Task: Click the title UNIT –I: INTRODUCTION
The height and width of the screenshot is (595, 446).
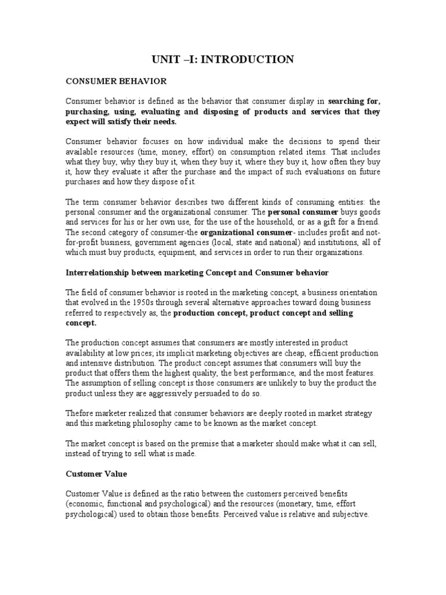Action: [x=223, y=59]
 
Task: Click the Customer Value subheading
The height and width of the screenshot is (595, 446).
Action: [x=96, y=474]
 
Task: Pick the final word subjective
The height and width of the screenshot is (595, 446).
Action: [x=347, y=514]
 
